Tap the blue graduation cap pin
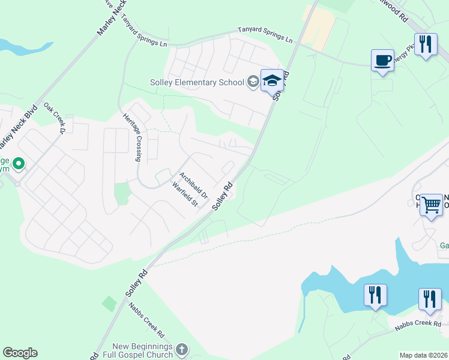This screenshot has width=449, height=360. pyautogui.click(x=272, y=80)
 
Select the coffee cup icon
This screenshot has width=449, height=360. pyautogui.click(x=382, y=60)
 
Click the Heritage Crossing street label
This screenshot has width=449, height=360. pyautogui.click(x=132, y=138)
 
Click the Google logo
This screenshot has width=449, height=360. pyautogui.click(x=20, y=353)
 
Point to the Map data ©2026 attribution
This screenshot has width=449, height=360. pyautogui.click(x=423, y=355)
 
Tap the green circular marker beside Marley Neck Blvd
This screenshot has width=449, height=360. pyautogui.click(x=18, y=163)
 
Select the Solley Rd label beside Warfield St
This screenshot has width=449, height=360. pyautogui.click(x=222, y=196)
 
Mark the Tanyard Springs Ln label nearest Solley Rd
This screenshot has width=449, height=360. pyautogui.click(x=265, y=34)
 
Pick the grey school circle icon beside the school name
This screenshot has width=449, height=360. pyautogui.click(x=253, y=82)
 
